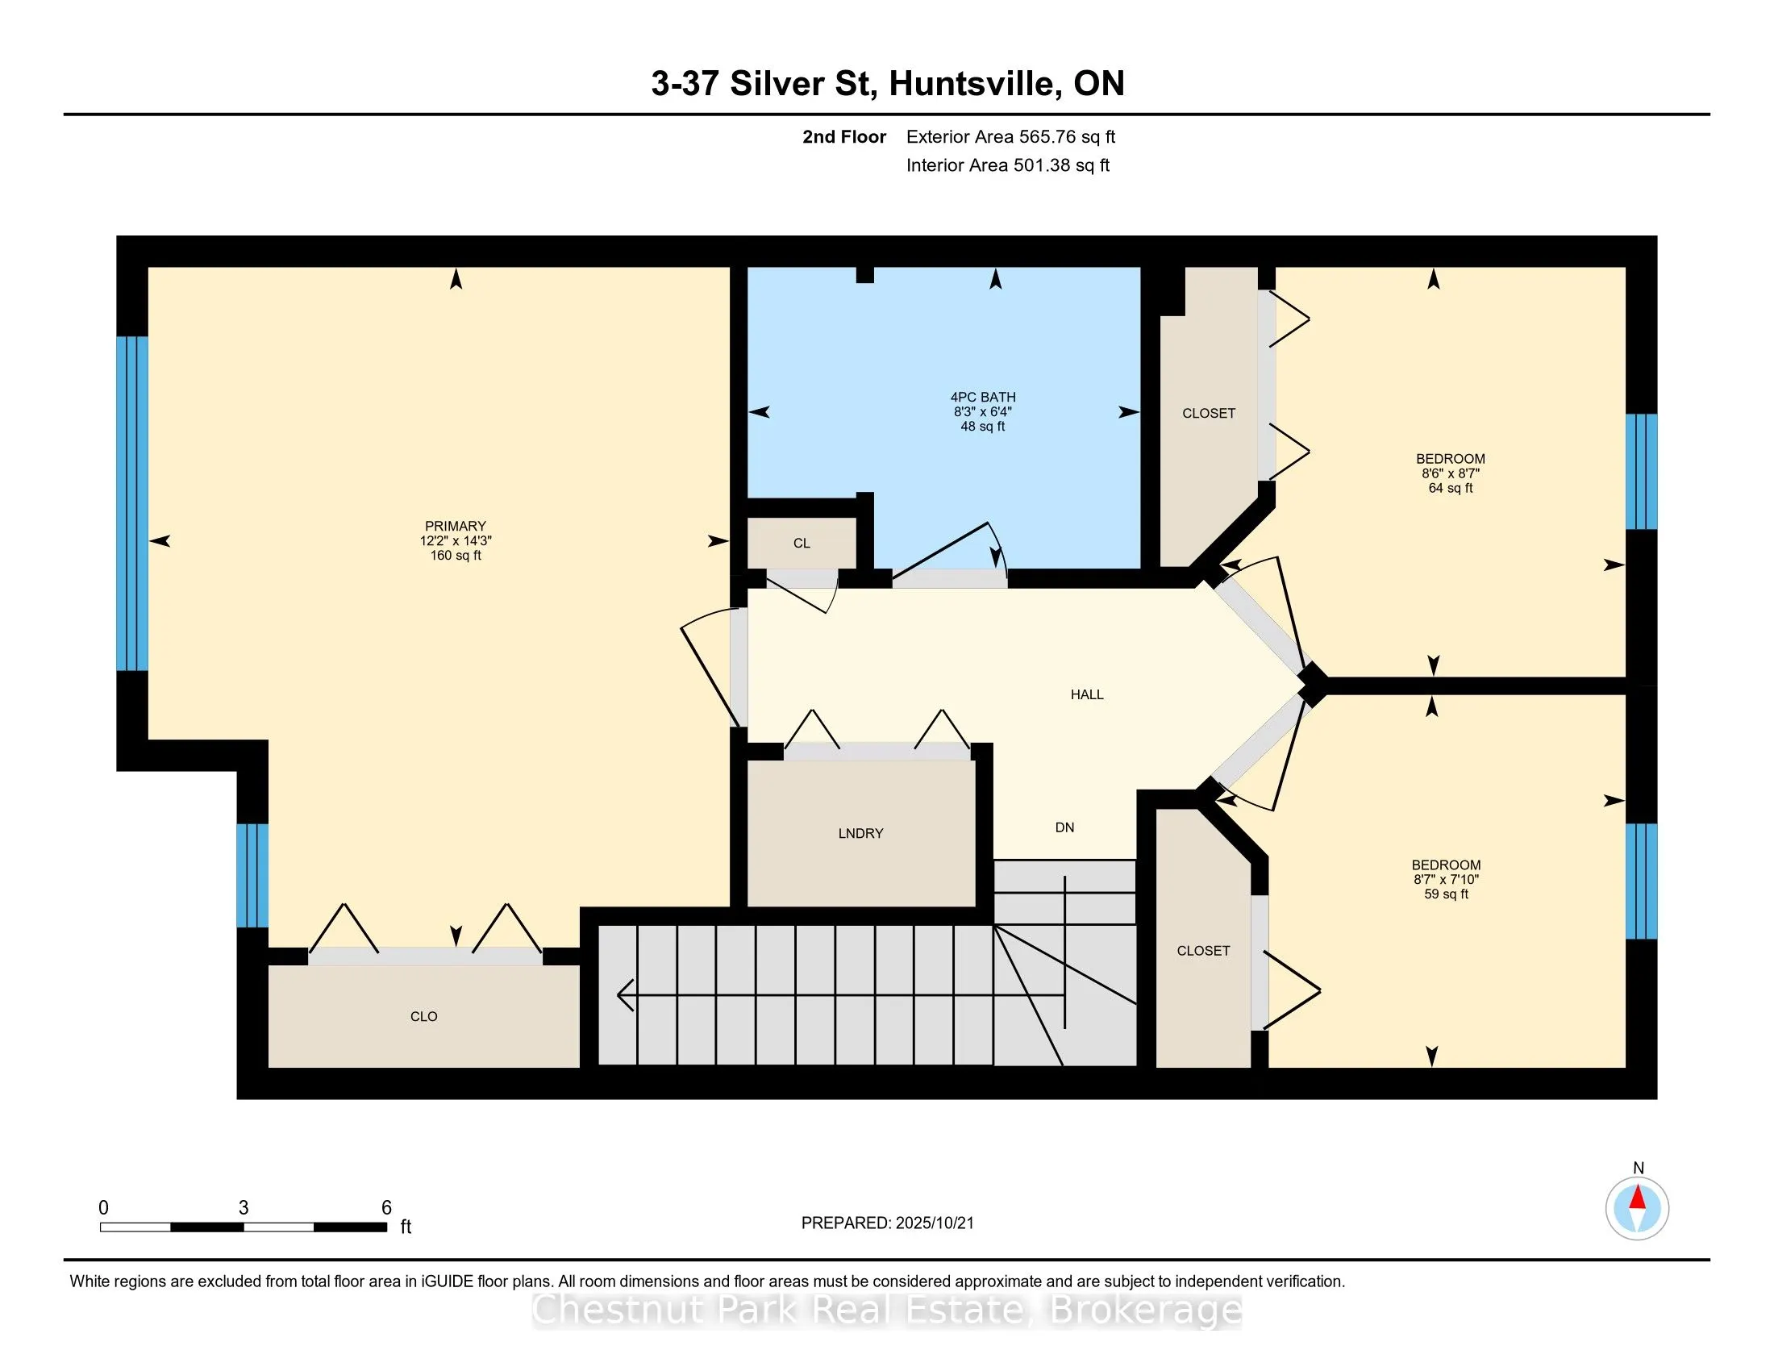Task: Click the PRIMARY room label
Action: click(x=456, y=527)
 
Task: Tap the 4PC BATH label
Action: click(x=983, y=397)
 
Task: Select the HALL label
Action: click(x=1087, y=694)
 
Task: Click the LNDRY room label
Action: click(x=861, y=833)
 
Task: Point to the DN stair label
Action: click(x=1065, y=827)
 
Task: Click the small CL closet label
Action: click(x=802, y=544)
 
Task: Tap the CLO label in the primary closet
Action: click(x=424, y=1017)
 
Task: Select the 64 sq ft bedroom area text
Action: click(x=1451, y=488)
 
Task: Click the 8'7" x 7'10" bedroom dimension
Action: click(x=1446, y=880)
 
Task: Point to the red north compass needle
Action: click(x=1638, y=1198)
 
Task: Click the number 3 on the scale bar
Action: click(x=244, y=1208)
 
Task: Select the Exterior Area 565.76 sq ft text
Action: click(x=1010, y=137)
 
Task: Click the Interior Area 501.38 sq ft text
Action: click(x=1008, y=165)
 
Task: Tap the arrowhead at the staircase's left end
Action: click(x=625, y=995)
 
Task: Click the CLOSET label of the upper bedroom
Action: click(x=1209, y=414)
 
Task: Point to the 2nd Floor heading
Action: click(x=844, y=137)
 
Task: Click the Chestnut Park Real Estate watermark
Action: click(x=887, y=1309)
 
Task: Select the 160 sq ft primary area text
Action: click(x=456, y=556)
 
